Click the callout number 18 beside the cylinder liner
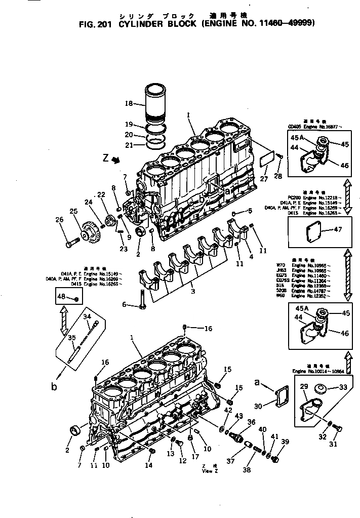[x=128, y=103]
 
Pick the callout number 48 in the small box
[x=61, y=296]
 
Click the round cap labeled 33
[x=321, y=388]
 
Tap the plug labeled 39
[x=275, y=459]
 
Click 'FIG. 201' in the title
[x=97, y=23]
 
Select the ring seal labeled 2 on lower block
[x=76, y=430]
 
